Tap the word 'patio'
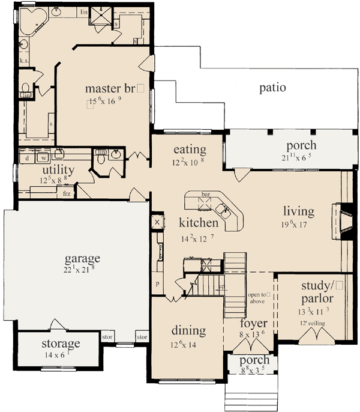272,88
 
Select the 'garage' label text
82,259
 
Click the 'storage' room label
61,344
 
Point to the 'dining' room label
188,330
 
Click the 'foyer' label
253,324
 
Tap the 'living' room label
299,211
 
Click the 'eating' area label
190,150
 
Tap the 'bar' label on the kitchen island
206,195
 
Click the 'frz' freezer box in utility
67,194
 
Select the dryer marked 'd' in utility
28,159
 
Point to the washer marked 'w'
44,159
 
